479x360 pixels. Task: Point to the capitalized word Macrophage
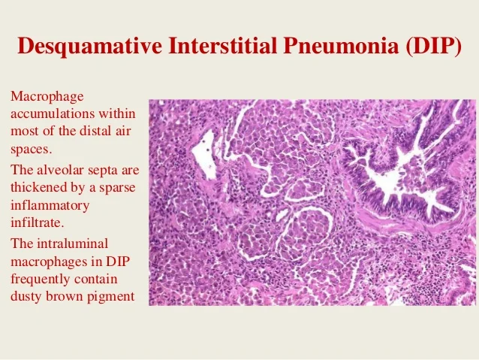pyautogui.click(x=47, y=98)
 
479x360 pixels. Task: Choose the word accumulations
pyautogui.click(x=54, y=114)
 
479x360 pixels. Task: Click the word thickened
pyautogui.click(x=38, y=187)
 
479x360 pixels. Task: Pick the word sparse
pyautogui.click(x=119, y=187)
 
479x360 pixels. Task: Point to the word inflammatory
pyautogui.click(x=50, y=204)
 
